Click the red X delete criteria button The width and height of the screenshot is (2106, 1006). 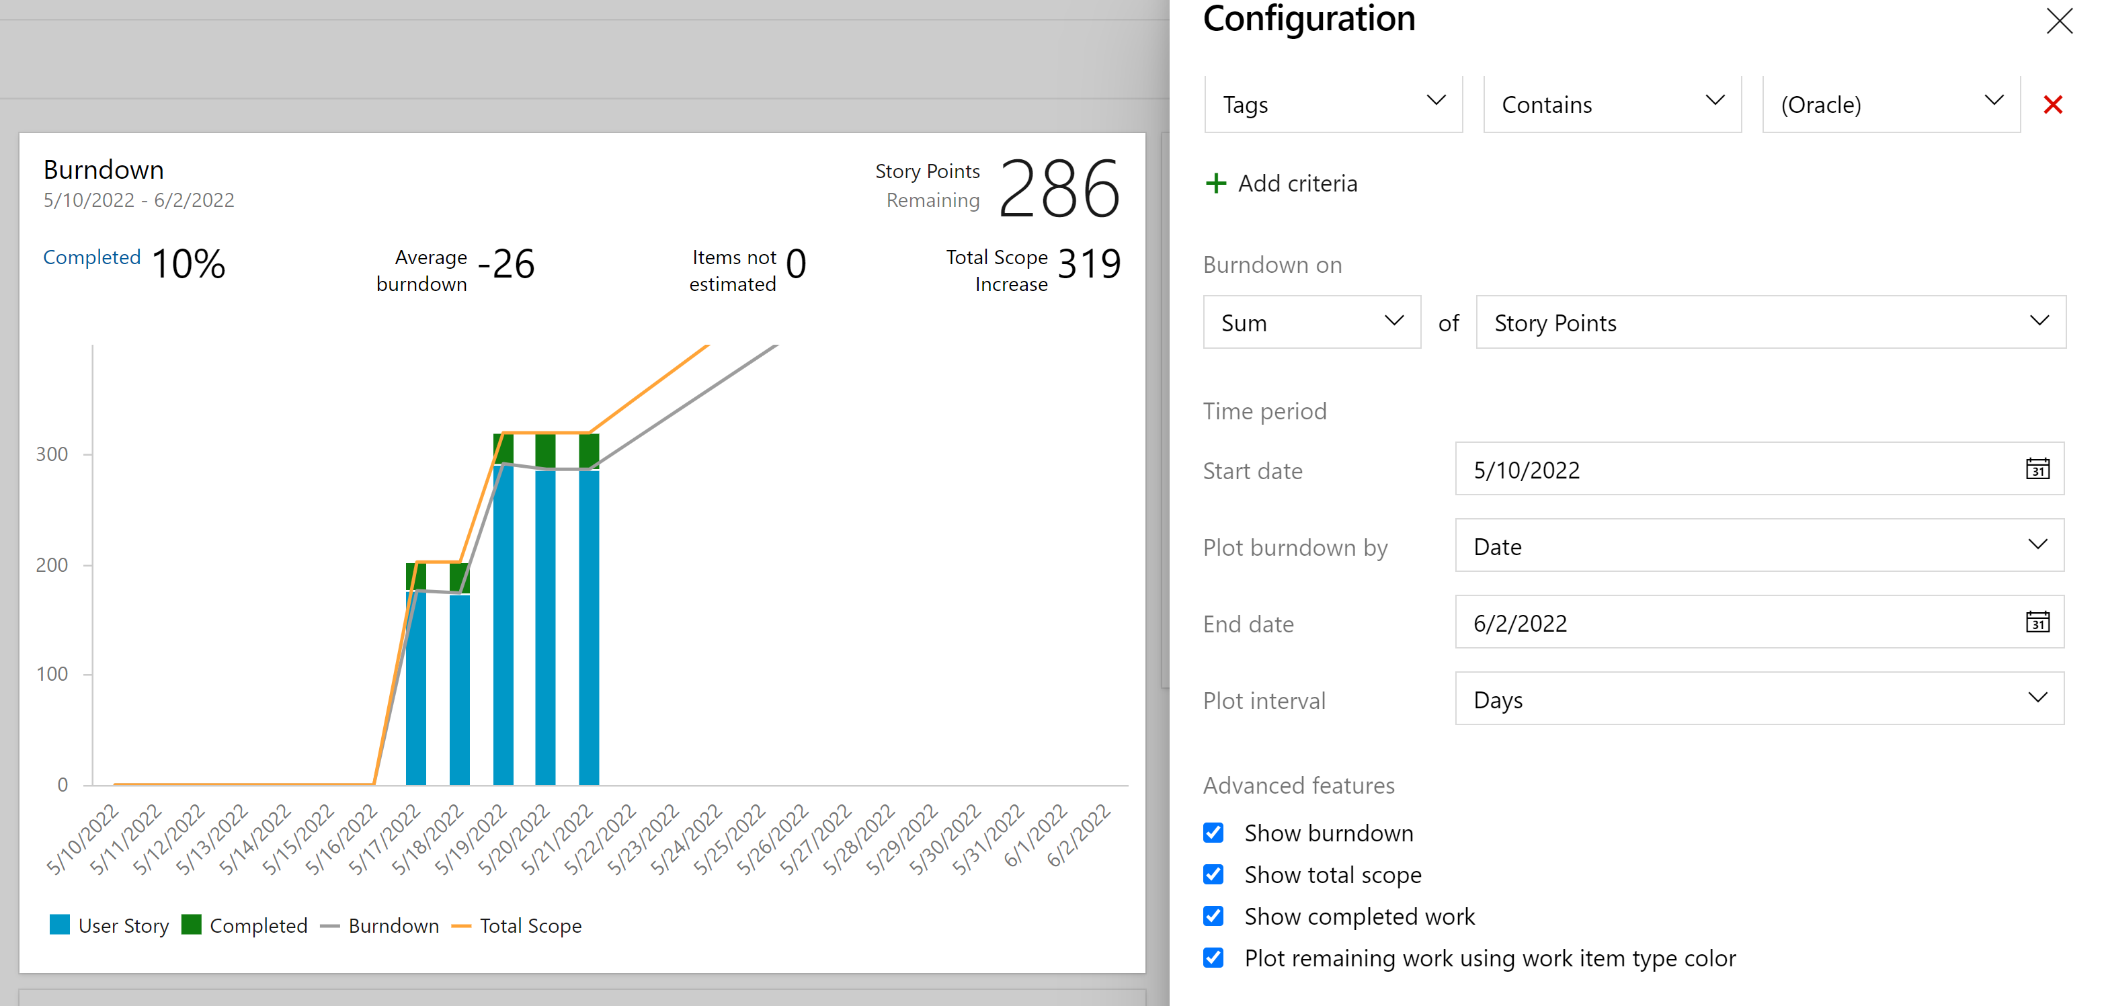2052,105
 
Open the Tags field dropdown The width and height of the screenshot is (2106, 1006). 1332,105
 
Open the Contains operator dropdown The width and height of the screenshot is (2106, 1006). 1611,105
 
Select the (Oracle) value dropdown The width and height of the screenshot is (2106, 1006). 1890,105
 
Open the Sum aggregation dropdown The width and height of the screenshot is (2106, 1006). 1311,323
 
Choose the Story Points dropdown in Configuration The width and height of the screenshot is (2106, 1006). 1770,323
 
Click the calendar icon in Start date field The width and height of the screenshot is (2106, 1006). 2037,469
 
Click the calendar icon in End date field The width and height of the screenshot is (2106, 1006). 2037,623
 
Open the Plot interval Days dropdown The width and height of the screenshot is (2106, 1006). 1758,700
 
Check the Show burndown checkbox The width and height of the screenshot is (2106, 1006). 1213,833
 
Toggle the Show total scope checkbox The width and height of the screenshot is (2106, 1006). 1213,874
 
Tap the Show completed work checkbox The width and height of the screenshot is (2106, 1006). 1213,916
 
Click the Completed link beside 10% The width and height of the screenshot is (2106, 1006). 91,257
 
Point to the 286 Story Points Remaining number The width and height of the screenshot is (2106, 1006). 1059,189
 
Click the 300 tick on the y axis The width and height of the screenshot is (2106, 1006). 52,454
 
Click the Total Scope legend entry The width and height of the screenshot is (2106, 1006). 530,926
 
